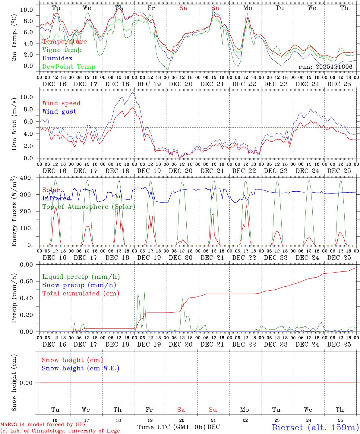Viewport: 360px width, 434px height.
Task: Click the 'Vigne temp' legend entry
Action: tap(62, 50)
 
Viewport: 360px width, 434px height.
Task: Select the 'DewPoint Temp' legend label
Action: tap(69, 67)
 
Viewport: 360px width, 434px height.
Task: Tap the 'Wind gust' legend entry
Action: tap(59, 112)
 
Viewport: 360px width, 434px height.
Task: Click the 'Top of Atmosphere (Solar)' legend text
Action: tap(88, 207)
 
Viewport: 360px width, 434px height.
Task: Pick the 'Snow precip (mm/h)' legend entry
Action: tap(79, 285)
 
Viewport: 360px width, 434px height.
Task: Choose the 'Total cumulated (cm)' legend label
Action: tap(81, 294)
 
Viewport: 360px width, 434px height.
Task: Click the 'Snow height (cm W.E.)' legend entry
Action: tap(80, 368)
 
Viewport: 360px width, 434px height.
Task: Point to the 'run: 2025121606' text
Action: tap(325, 67)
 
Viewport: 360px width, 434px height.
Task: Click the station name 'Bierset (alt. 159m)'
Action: tap(315, 427)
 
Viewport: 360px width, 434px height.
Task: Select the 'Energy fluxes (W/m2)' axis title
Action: tap(14, 212)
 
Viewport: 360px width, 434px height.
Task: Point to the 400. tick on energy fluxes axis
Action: tap(27, 178)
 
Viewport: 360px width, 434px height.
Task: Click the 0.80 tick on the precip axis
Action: tap(27, 265)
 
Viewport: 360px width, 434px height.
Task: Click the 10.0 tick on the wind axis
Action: tap(27, 97)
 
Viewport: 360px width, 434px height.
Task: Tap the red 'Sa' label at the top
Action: tap(183, 8)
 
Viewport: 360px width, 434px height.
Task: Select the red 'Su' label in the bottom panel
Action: tap(213, 410)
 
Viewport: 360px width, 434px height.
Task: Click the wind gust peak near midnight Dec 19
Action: tap(132, 93)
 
